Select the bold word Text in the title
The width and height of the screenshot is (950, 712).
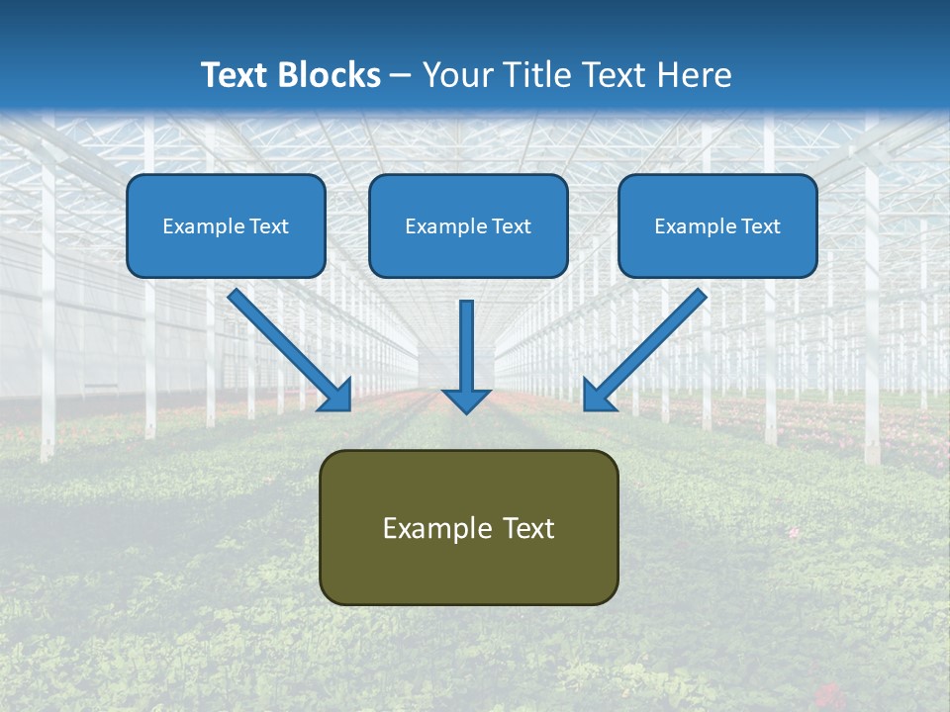(235, 75)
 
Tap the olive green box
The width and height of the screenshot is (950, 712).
(468, 569)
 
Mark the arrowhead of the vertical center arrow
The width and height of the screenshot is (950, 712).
(466, 400)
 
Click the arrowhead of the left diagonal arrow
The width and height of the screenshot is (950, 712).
(337, 396)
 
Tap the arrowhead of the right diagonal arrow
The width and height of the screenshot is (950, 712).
(598, 396)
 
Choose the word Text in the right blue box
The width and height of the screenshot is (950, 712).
(759, 226)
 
